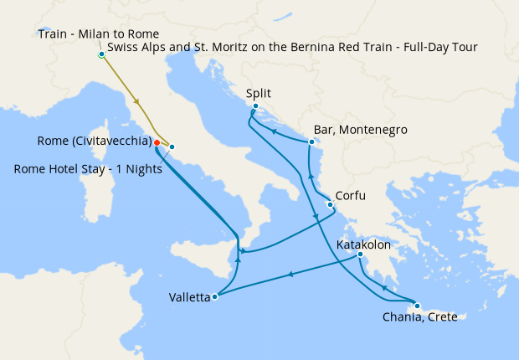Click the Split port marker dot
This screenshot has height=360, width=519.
(x=255, y=106)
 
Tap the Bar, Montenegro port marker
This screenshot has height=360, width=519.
(x=311, y=141)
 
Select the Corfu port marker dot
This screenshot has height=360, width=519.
(x=331, y=205)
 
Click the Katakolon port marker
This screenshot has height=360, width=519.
(x=360, y=255)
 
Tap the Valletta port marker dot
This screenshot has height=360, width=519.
(x=216, y=296)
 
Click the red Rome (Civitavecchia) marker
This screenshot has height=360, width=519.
(x=157, y=142)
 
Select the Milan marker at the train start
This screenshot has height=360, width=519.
(x=101, y=55)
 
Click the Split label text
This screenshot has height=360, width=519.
(x=263, y=94)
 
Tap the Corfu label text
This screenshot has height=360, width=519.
(x=351, y=192)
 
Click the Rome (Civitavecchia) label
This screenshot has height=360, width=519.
(x=95, y=140)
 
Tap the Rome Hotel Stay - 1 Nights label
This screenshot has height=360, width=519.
(x=88, y=168)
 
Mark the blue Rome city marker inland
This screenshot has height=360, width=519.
(x=172, y=147)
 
